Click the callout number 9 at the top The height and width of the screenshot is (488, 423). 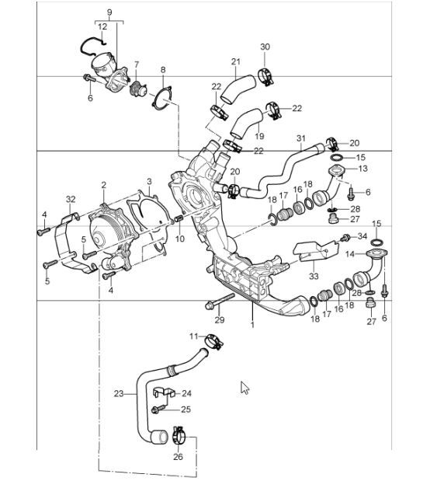109,12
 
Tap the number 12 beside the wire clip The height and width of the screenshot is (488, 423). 102,26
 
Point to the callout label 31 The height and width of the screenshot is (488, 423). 301,139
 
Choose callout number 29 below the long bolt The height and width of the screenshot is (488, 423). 219,320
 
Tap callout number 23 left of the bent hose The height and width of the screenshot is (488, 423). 119,392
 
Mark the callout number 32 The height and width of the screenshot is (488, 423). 71,199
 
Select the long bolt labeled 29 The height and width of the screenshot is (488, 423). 220,301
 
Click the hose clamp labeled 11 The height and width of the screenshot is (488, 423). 213,340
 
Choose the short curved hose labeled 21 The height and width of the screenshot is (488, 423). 233,92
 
